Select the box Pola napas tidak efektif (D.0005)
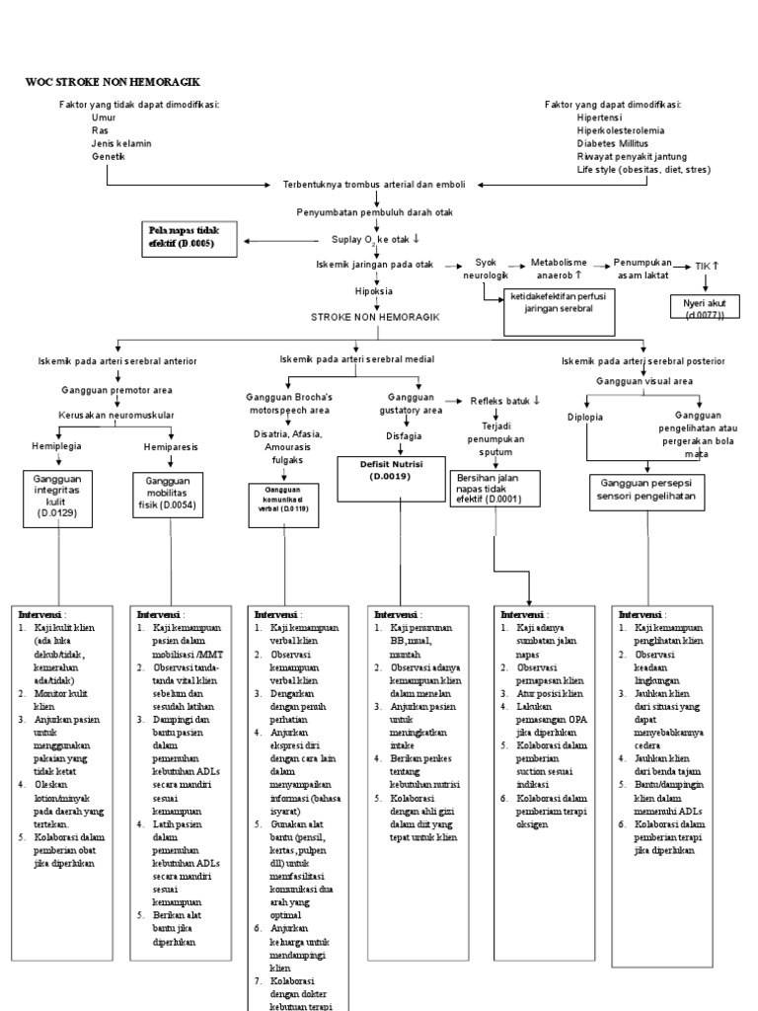190,237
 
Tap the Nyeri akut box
703,308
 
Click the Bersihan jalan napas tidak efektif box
493,489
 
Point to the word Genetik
110,156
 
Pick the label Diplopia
585,417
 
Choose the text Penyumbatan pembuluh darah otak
375,212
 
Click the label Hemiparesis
171,446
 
